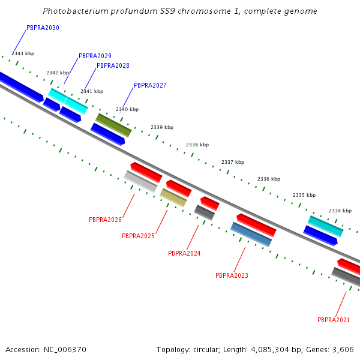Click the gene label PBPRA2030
coord(43,28)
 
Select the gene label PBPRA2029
coord(95,56)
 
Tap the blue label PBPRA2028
coord(113,66)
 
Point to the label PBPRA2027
coord(150,86)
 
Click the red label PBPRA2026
coord(105,220)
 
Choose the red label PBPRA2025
coord(138,236)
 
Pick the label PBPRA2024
coord(184,254)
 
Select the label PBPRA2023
coord(232,276)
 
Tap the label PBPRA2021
coord(334,320)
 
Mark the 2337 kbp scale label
coord(233,163)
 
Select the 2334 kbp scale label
coord(340,211)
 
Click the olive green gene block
coord(113,125)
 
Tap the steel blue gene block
coord(251,234)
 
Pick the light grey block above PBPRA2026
coord(141,181)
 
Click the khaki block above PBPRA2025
coord(173,197)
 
